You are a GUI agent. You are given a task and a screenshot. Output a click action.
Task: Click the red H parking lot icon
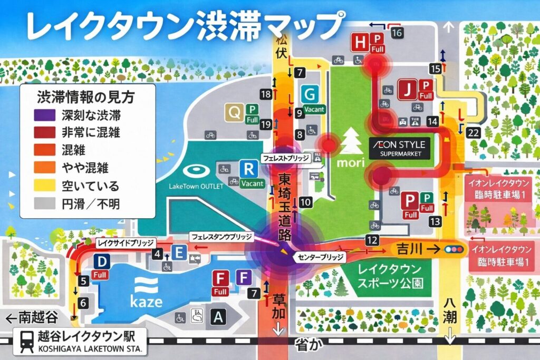click(360, 42)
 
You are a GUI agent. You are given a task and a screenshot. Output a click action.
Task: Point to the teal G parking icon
click(311, 95)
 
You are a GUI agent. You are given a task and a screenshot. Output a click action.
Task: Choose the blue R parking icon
click(247, 169)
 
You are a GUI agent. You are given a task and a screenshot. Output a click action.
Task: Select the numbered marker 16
click(397, 33)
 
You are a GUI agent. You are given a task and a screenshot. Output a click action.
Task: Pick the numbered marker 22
click(473, 131)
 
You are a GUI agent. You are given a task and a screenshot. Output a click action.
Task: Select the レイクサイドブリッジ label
click(126, 242)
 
